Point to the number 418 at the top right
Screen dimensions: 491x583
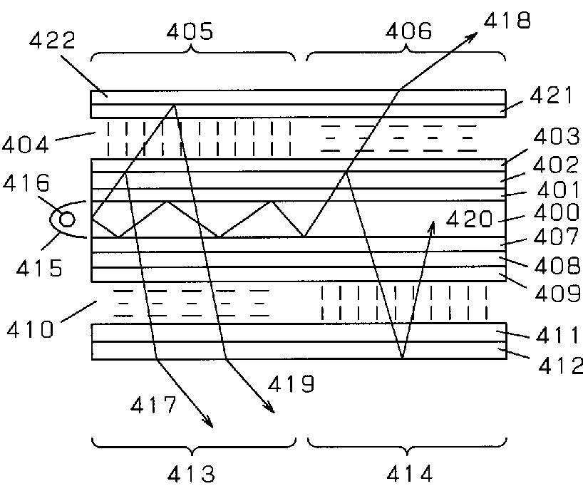coord(507,21)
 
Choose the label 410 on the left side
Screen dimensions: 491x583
coord(29,329)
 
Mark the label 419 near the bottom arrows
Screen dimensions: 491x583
coord(290,385)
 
